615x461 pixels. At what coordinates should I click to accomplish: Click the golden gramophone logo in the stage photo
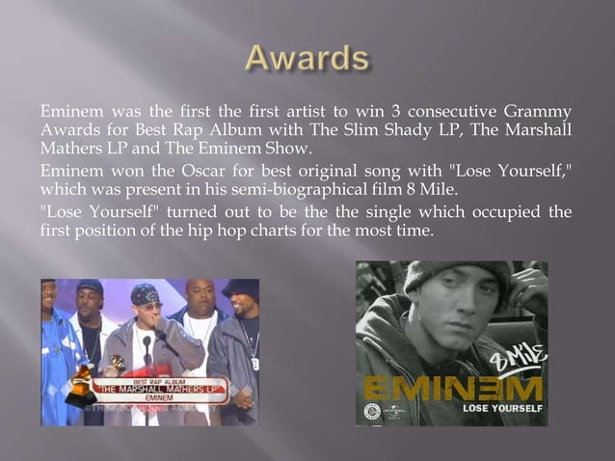(x=83, y=384)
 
